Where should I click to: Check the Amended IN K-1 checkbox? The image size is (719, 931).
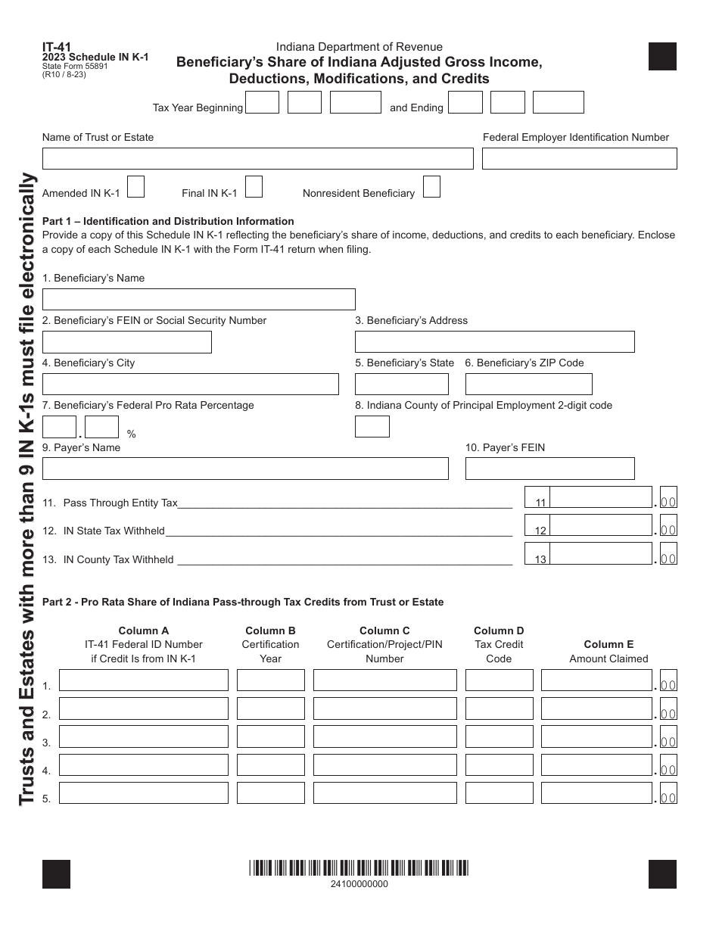tap(136, 187)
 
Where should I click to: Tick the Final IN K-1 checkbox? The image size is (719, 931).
tap(254, 187)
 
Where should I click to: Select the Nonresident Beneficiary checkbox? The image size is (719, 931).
tap(431, 187)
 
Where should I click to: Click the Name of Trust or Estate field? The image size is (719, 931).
tap(257, 158)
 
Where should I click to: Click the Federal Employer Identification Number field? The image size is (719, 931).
tap(579, 158)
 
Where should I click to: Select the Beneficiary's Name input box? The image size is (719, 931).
tap(198, 299)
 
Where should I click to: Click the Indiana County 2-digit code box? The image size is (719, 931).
tap(372, 426)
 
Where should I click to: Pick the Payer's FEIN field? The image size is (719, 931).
tap(549, 469)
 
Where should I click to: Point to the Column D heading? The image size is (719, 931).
tap(499, 631)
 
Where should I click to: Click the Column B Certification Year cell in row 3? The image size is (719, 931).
tap(270, 736)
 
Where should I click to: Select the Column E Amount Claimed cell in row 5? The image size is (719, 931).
tap(596, 792)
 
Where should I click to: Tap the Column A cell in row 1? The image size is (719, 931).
tap(144, 680)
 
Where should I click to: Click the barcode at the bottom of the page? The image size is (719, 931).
tap(359, 868)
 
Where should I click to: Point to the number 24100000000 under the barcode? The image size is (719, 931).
tap(359, 884)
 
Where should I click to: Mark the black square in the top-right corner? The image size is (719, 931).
tap(662, 57)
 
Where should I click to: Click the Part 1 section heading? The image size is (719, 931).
tap(168, 221)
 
